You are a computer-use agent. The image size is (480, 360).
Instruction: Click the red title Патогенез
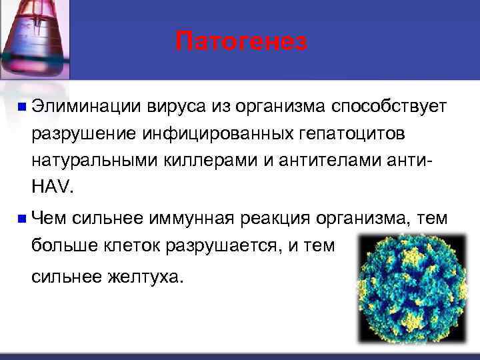coord(241,41)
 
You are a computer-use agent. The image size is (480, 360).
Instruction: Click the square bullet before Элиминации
coord(22,106)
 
